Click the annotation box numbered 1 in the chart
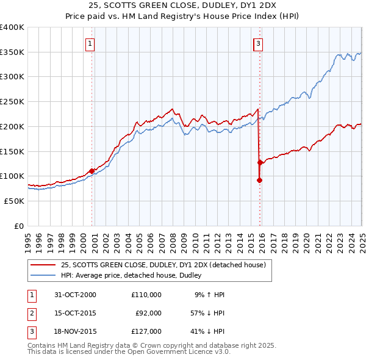(90, 43)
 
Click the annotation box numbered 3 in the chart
(258, 43)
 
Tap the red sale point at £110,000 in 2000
(92, 171)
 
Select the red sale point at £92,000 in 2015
(259, 180)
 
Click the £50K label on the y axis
(14, 201)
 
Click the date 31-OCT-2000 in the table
(75, 295)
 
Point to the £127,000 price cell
(146, 331)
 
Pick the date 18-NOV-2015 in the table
(75, 331)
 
